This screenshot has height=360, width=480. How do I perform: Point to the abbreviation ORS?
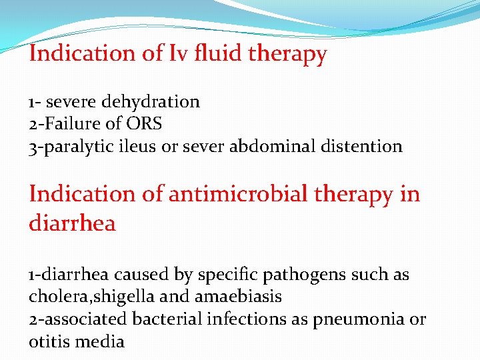coord(142,124)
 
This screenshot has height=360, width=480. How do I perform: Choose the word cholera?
coord(56,297)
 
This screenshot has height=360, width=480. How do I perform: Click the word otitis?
coord(49,342)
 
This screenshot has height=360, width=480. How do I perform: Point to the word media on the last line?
coord(99,342)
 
